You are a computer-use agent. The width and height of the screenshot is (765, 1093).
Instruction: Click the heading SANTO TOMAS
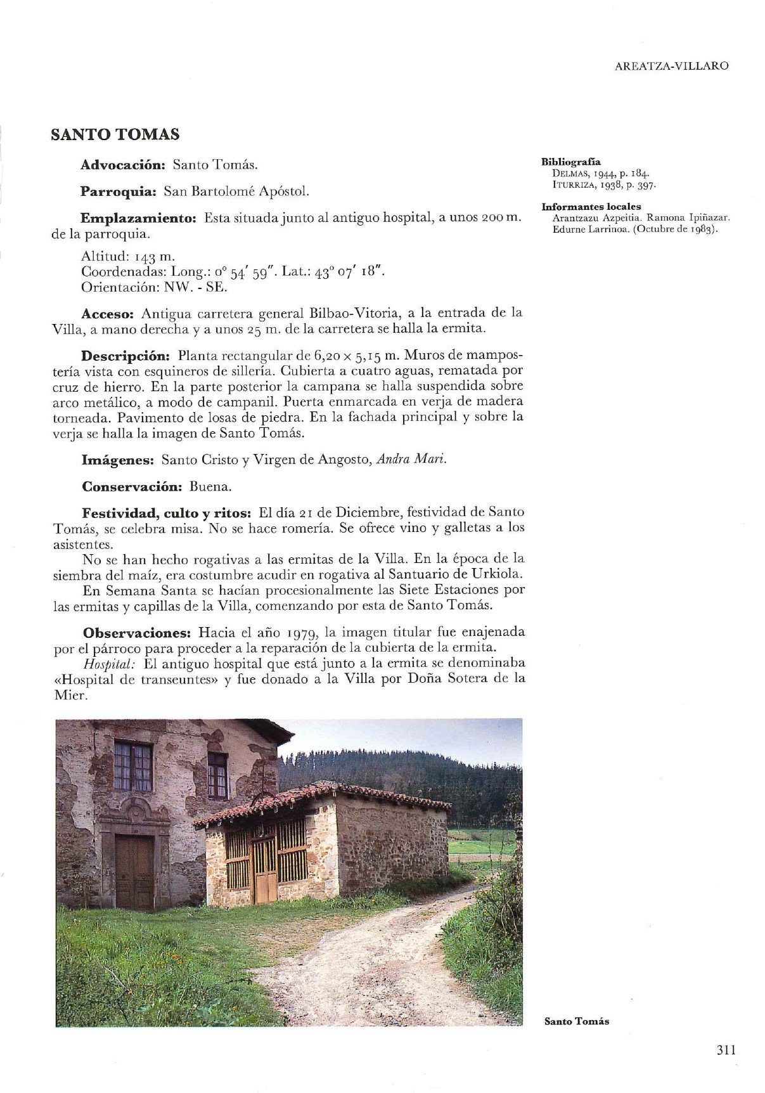(x=115, y=134)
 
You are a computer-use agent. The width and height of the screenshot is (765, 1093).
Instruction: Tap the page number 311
(x=726, y=1049)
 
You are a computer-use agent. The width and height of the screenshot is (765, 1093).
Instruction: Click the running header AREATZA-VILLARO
(x=671, y=66)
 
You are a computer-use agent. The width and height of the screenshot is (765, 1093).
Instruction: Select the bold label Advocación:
(x=123, y=165)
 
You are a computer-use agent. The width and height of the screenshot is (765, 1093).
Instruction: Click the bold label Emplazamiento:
(x=139, y=218)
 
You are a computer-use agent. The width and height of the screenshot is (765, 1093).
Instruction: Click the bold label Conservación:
(x=132, y=487)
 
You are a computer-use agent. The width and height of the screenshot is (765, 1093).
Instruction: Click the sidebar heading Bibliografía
(x=571, y=162)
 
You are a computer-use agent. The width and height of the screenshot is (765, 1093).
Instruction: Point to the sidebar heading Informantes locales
(x=591, y=207)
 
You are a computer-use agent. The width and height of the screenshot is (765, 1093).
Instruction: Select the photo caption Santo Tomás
(x=577, y=1021)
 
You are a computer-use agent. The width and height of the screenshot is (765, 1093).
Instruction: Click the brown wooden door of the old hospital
(x=134, y=872)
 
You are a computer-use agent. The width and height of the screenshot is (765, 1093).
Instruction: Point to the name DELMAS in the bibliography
(x=569, y=172)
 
